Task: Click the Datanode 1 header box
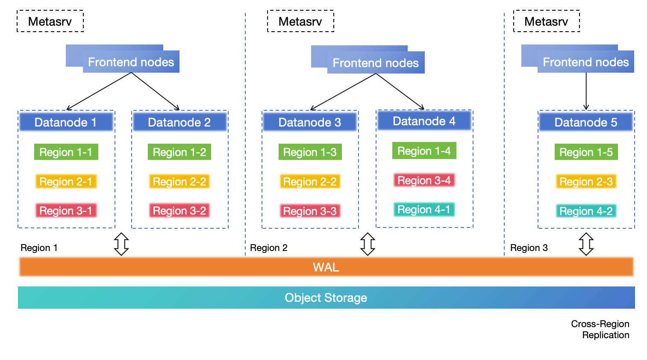click(66, 122)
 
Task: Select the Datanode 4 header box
click(424, 121)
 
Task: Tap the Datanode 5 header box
click(585, 122)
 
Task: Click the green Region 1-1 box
click(66, 152)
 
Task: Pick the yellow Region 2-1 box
click(66, 182)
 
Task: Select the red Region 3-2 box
click(179, 211)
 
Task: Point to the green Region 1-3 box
click(310, 152)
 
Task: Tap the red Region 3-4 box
click(424, 180)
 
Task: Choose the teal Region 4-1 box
click(424, 210)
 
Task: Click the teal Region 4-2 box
click(586, 211)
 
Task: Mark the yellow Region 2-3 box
click(586, 182)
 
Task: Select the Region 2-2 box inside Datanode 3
click(310, 182)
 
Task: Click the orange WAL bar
click(326, 267)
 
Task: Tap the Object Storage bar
click(326, 298)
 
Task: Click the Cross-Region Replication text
click(600, 329)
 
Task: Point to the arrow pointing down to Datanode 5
click(586, 92)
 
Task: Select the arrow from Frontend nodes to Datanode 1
click(98, 91)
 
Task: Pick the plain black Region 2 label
click(269, 248)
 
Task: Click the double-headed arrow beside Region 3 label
click(586, 244)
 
